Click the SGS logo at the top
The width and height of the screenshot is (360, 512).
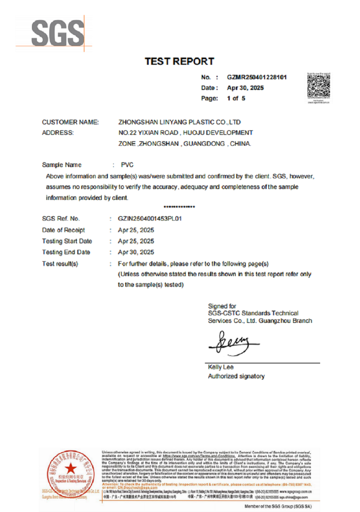point(58,32)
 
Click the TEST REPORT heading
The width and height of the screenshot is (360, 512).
point(179,62)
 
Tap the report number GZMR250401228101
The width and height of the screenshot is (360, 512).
point(257,77)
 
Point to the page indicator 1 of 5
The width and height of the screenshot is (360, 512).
point(236,98)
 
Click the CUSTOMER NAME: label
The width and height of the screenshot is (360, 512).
point(70,122)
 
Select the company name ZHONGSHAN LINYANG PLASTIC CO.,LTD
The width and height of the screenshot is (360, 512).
point(179,122)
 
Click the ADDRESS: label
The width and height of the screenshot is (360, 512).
point(58,133)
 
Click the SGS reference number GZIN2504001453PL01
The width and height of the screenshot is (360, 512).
point(149,219)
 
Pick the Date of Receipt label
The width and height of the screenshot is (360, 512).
point(64,230)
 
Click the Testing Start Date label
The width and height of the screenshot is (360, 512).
point(67,241)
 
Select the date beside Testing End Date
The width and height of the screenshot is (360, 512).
point(136,252)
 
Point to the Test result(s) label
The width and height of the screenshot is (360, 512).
point(60,263)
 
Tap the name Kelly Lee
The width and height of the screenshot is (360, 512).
point(221,367)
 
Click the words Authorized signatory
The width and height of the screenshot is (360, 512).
point(236,376)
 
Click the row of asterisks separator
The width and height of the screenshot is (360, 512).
point(179,207)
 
